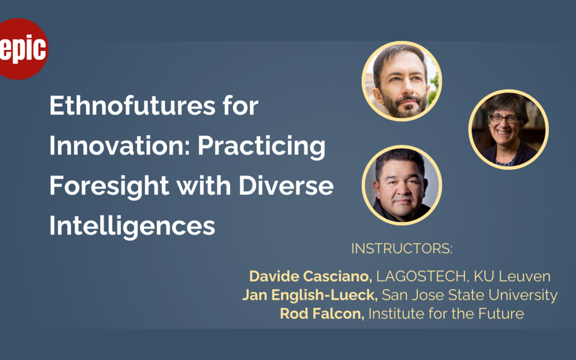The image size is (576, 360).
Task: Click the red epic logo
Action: [x=23, y=49]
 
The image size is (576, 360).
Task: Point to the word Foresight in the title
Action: [x=109, y=186]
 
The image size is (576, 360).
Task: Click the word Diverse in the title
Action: [x=286, y=186]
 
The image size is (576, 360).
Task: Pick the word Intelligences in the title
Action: [x=132, y=226]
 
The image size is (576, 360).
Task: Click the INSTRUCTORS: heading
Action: [x=402, y=249]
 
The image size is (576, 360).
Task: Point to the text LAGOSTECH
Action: [x=421, y=276]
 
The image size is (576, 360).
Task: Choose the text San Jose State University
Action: [x=469, y=295]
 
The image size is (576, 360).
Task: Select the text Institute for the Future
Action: [x=446, y=314]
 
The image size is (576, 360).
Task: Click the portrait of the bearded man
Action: [x=402, y=81]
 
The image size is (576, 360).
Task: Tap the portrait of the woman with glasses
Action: [x=508, y=129]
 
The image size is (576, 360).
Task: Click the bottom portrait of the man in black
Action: [x=402, y=185]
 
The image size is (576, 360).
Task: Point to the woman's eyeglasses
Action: [x=504, y=118]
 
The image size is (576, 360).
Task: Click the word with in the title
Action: [x=204, y=186]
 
